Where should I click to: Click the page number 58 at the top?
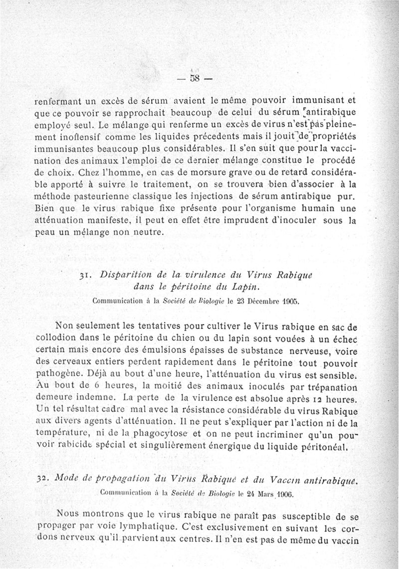pos(191,79)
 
